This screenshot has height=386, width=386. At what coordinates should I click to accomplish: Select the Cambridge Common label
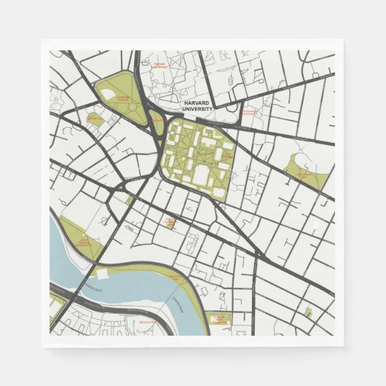pos(125,99)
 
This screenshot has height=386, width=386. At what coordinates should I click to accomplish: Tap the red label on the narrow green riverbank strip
pos(175,278)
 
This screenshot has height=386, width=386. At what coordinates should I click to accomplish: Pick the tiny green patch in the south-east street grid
pos(308,312)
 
